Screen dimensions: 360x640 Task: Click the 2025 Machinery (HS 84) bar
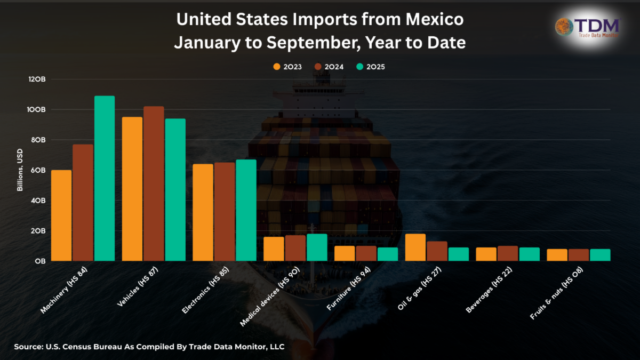pyautogui.click(x=105, y=179)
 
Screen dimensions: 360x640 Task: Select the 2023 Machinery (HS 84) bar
pyautogui.click(x=61, y=215)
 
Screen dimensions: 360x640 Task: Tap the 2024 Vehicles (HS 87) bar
pyautogui.click(x=154, y=183)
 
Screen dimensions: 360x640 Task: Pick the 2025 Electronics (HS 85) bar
pyautogui.click(x=246, y=210)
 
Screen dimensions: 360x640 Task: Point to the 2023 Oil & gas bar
pyautogui.click(x=415, y=247)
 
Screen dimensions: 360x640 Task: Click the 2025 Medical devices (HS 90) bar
pyautogui.click(x=317, y=247)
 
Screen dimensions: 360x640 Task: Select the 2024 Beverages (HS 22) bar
pyautogui.click(x=508, y=253)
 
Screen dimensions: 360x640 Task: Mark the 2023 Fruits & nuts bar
pyautogui.click(x=557, y=255)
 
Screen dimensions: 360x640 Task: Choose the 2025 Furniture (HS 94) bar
pyautogui.click(x=388, y=254)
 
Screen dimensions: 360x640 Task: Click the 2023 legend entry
pyautogui.click(x=287, y=67)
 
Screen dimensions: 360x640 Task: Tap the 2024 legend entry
pyautogui.click(x=329, y=67)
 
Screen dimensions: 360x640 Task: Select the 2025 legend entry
pyautogui.click(x=370, y=67)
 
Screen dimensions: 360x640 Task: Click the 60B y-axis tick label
pyautogui.click(x=38, y=170)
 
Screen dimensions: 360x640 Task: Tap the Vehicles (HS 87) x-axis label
pyautogui.click(x=137, y=288)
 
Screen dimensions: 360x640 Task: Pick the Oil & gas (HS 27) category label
pyautogui.click(x=420, y=288)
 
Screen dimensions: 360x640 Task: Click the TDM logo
pyautogui.click(x=588, y=27)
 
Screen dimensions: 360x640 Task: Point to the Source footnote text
pyautogui.click(x=149, y=347)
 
